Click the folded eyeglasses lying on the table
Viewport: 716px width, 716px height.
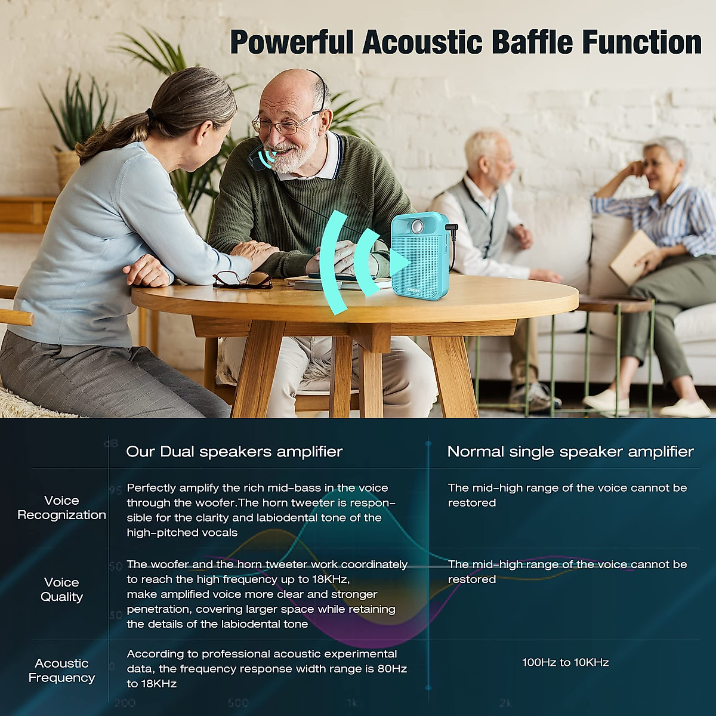pos(242,279)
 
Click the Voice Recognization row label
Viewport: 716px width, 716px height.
pos(61,508)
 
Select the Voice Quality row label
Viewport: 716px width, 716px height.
pos(61,590)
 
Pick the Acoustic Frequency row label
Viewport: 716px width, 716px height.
pos(61,671)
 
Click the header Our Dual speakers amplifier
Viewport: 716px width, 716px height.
pos(234,452)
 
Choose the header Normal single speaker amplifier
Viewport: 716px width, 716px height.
pos(570,452)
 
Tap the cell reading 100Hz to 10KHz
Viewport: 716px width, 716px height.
pos(565,662)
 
